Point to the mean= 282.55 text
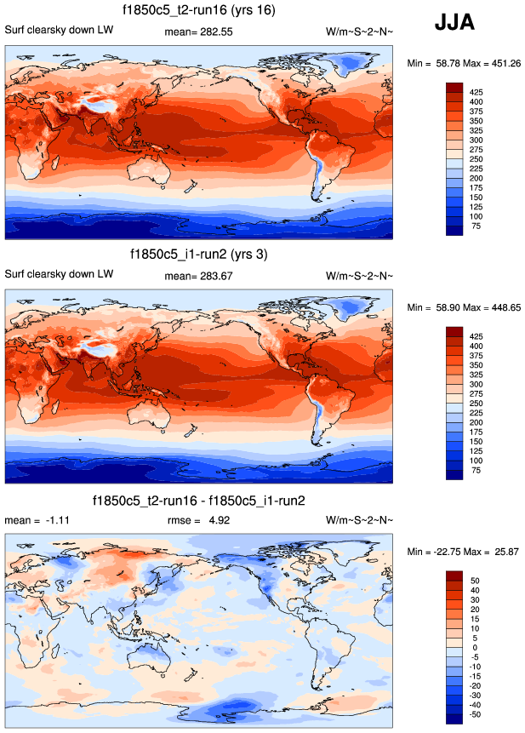click(x=198, y=31)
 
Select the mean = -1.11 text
click(x=36, y=520)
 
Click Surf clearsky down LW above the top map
click(x=59, y=31)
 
